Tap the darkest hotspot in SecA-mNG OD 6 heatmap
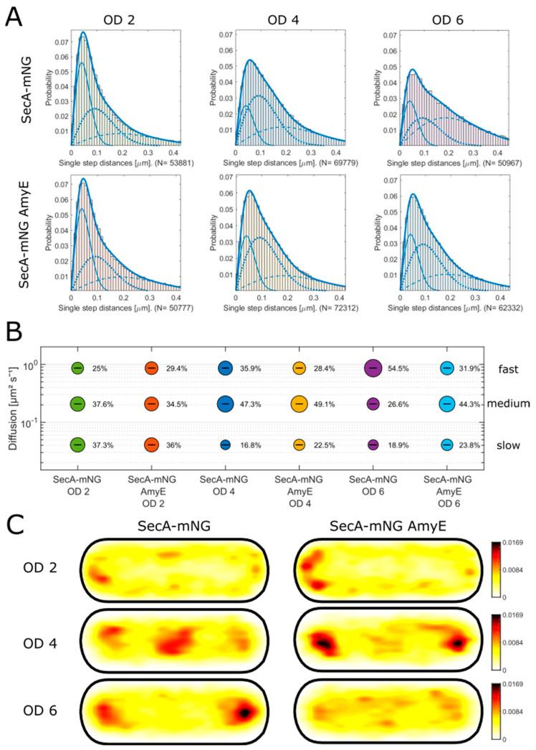tap(244, 713)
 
